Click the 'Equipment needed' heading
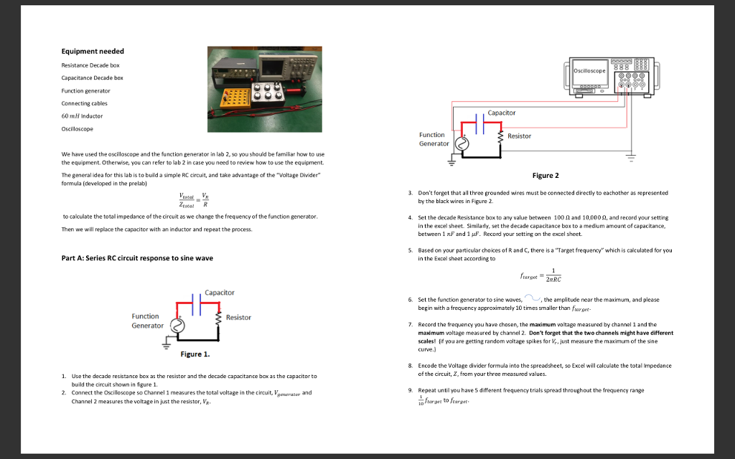tap(92, 52)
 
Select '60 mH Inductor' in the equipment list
tap(82, 116)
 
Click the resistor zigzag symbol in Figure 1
tap(220, 318)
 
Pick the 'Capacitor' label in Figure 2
tap(501, 113)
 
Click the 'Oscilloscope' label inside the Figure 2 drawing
tap(589, 70)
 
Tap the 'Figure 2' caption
tap(545, 176)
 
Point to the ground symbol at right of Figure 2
tap(632, 156)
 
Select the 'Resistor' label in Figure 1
tap(238, 318)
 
